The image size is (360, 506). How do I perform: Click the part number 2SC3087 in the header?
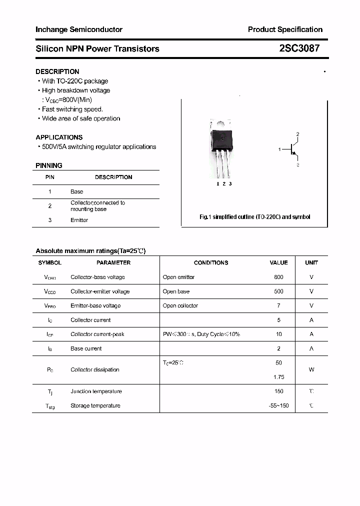[299, 48]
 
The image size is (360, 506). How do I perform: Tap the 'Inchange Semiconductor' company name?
[79, 29]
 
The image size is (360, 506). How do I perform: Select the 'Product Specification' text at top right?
[285, 29]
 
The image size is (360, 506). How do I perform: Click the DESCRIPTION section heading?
[57, 71]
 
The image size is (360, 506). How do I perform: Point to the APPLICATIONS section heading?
[59, 137]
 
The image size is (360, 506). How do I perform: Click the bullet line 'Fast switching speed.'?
[72, 109]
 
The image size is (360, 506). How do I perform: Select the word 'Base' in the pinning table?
[77, 191]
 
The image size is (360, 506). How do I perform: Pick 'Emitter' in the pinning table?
[79, 220]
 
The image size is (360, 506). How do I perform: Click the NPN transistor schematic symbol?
[292, 149]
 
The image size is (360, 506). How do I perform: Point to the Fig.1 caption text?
[254, 217]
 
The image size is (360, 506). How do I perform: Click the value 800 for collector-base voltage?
[278, 277]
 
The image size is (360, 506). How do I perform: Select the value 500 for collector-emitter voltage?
[278, 291]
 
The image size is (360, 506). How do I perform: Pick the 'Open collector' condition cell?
[180, 305]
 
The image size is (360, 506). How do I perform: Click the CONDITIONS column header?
[211, 262]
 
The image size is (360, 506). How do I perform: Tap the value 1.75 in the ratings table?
[278, 377]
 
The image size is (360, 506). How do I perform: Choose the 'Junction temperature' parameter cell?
[96, 391]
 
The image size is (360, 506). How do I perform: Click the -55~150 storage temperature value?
[278, 405]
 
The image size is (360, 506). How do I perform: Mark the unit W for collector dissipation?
[311, 370]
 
